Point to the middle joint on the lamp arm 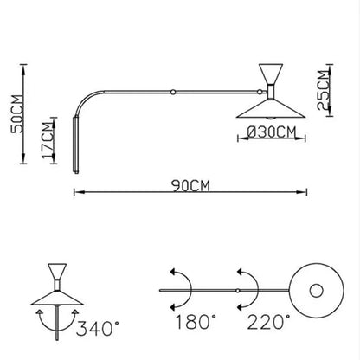[x=174, y=91]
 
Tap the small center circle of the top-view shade [x=316, y=289]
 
